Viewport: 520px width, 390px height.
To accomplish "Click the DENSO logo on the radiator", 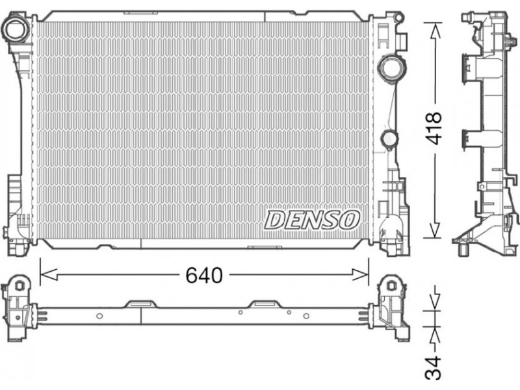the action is [x=312, y=220].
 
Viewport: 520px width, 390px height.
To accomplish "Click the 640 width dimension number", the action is [x=204, y=275].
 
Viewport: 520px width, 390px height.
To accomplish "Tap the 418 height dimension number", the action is [x=434, y=128].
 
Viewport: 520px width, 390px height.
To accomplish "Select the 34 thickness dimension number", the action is [x=434, y=368].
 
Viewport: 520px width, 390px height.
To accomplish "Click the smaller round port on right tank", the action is [x=389, y=138].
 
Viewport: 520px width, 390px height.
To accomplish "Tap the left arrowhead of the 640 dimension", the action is [x=48, y=275].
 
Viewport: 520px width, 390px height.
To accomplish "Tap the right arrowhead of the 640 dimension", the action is [x=360, y=275].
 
